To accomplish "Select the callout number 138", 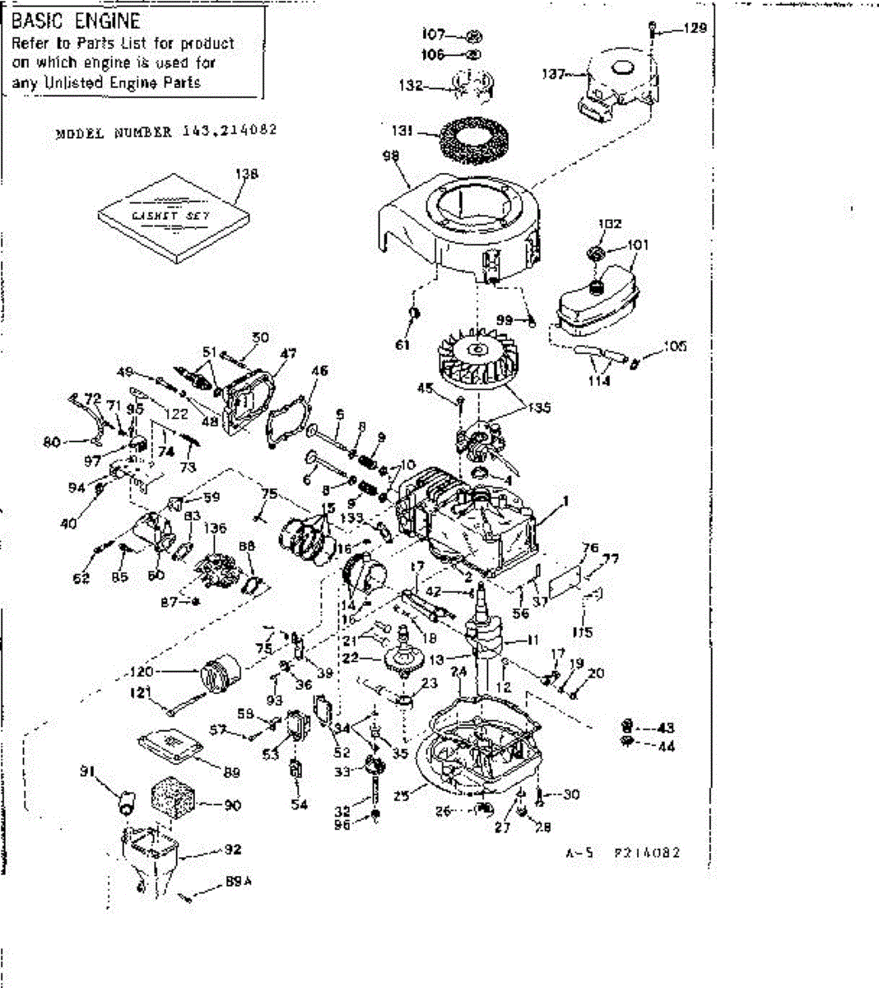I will tap(246, 174).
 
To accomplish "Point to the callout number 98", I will tap(391, 156).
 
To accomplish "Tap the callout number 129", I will tap(695, 29).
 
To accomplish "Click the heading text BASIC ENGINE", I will tap(76, 21).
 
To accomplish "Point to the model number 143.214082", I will tap(224, 131).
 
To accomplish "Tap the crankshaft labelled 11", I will tap(481, 638).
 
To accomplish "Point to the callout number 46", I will tap(319, 371).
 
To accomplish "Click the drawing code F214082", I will tap(647, 853).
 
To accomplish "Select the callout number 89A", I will tap(238, 883).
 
